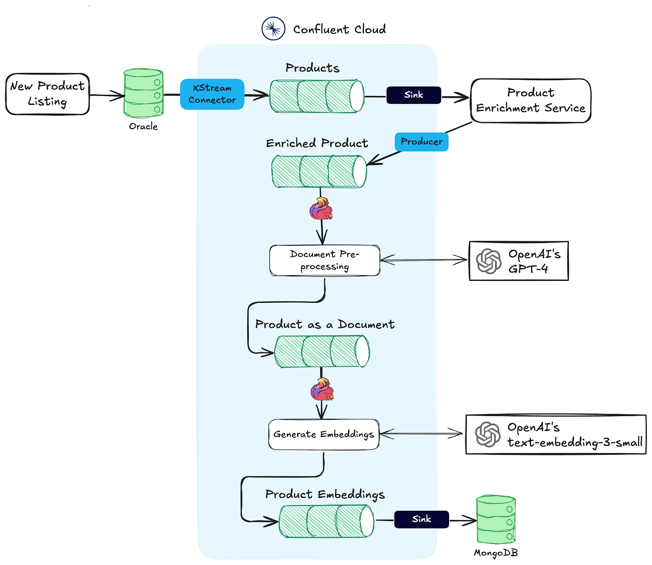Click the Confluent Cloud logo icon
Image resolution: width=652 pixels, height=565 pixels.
[x=273, y=28]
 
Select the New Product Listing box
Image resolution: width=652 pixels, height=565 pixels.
[x=47, y=94]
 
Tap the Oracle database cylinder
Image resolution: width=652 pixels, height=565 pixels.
[x=143, y=93]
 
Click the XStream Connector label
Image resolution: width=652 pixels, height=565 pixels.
[x=212, y=94]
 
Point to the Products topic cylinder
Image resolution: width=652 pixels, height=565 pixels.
[x=317, y=96]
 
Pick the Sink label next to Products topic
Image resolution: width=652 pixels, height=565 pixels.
[x=414, y=95]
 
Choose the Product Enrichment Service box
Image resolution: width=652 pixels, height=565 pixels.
[x=531, y=101]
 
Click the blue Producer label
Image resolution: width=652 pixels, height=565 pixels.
[x=421, y=142]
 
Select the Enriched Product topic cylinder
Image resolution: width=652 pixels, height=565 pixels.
[x=319, y=171]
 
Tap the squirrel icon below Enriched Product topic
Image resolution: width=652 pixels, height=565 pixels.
[x=321, y=208]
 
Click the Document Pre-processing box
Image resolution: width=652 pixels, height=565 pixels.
[x=324, y=261]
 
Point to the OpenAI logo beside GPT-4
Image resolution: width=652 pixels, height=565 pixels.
[x=489, y=261]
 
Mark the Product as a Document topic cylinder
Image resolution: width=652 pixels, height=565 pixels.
[x=322, y=351]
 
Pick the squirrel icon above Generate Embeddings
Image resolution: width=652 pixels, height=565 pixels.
[x=322, y=390]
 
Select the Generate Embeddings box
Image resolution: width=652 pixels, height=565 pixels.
[x=324, y=434]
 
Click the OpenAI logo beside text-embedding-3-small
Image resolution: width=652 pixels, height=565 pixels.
[x=488, y=434]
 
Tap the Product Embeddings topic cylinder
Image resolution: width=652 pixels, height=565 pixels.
[x=326, y=521]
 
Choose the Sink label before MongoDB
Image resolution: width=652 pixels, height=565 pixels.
[x=421, y=519]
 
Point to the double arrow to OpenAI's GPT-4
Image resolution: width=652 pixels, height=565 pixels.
[x=424, y=260]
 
